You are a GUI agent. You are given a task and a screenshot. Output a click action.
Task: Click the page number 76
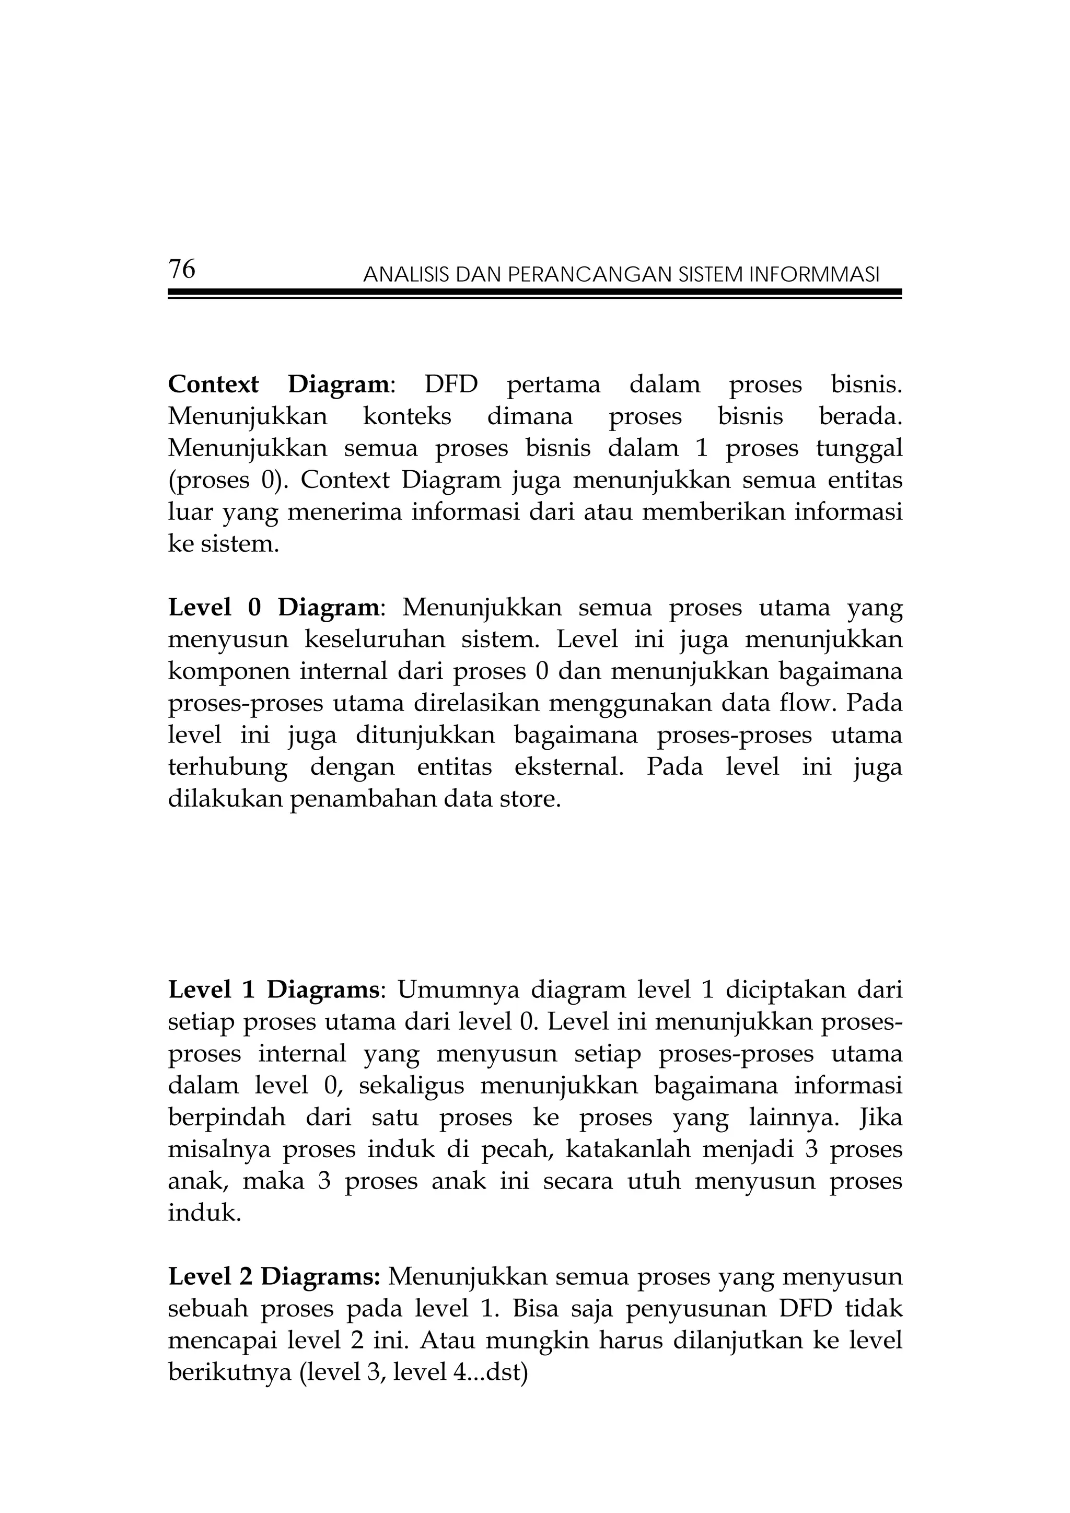click(182, 270)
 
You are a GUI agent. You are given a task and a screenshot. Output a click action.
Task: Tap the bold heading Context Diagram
click(278, 384)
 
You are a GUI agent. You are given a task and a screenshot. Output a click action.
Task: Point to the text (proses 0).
click(228, 481)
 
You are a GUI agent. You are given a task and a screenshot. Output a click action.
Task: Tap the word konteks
click(406, 416)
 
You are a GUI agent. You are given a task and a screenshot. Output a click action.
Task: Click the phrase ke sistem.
click(224, 544)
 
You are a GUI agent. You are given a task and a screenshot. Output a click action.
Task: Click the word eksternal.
click(568, 766)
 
